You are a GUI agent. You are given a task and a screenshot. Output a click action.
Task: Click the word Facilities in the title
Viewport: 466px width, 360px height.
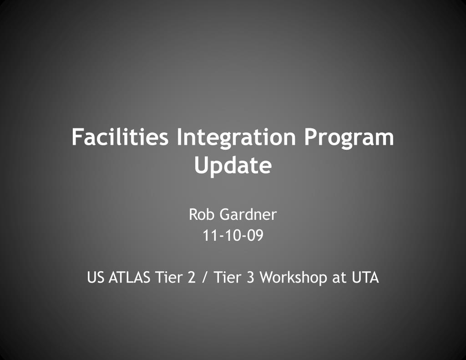point(120,137)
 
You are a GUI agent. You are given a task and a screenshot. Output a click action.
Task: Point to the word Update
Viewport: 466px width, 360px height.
point(233,166)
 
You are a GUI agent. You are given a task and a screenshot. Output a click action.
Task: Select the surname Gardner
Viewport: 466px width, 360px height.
point(248,214)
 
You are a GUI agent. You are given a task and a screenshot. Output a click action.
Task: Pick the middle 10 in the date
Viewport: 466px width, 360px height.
point(233,236)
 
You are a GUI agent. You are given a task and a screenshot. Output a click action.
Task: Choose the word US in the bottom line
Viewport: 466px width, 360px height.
point(96,277)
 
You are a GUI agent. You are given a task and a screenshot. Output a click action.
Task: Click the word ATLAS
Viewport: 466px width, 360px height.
point(130,277)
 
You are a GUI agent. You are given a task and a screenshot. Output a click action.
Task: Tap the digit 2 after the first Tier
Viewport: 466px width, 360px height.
point(191,277)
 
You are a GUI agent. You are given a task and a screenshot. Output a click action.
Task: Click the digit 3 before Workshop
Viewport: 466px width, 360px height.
point(250,277)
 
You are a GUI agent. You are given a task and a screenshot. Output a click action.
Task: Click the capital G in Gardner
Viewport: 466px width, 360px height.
point(225,214)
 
